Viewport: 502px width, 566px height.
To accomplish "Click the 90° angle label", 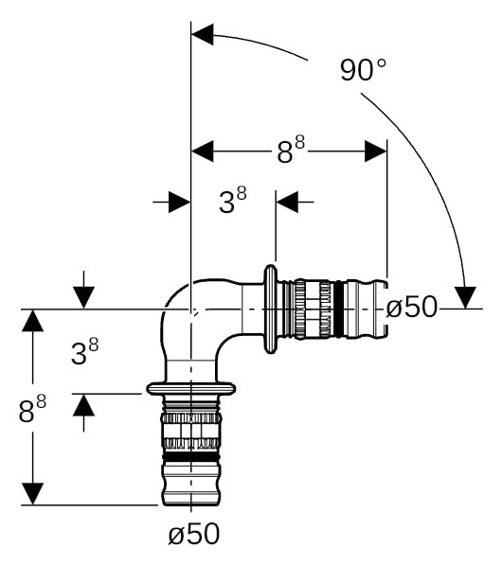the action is pos(363,70).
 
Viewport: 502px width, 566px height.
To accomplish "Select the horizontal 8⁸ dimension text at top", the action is pos(291,150).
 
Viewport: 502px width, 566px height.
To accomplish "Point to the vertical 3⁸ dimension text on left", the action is pos(84,352).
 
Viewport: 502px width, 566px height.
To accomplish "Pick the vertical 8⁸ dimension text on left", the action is pos(32,409).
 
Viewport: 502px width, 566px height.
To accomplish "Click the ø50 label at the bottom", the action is pos(194,534).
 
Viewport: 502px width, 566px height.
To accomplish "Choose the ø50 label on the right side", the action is pos(411,308).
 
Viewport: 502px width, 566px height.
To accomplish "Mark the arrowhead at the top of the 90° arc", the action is pos(203,35).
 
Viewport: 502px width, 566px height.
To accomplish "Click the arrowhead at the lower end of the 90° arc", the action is pos(465,297).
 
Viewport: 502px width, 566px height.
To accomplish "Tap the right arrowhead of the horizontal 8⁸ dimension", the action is pos(376,151).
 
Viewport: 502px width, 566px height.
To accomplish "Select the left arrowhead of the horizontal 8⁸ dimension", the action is pos(203,151).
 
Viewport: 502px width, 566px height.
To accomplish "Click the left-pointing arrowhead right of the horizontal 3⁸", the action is pos(287,202).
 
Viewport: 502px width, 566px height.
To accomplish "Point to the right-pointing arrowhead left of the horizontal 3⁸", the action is pos(180,202).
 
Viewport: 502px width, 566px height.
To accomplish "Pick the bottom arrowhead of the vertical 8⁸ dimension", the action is pos(32,494).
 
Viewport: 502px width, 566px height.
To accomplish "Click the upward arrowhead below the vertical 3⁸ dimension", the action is pos(83,405).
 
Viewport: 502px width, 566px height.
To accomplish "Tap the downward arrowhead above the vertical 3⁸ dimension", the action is pos(83,298).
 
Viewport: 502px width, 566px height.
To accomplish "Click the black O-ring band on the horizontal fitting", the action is pos(338,310).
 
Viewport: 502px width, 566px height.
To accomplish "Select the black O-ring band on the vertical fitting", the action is pos(191,457).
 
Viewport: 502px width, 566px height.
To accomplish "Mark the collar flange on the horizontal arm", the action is pos(271,309).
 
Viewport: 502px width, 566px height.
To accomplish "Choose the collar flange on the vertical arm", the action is pos(191,388).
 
